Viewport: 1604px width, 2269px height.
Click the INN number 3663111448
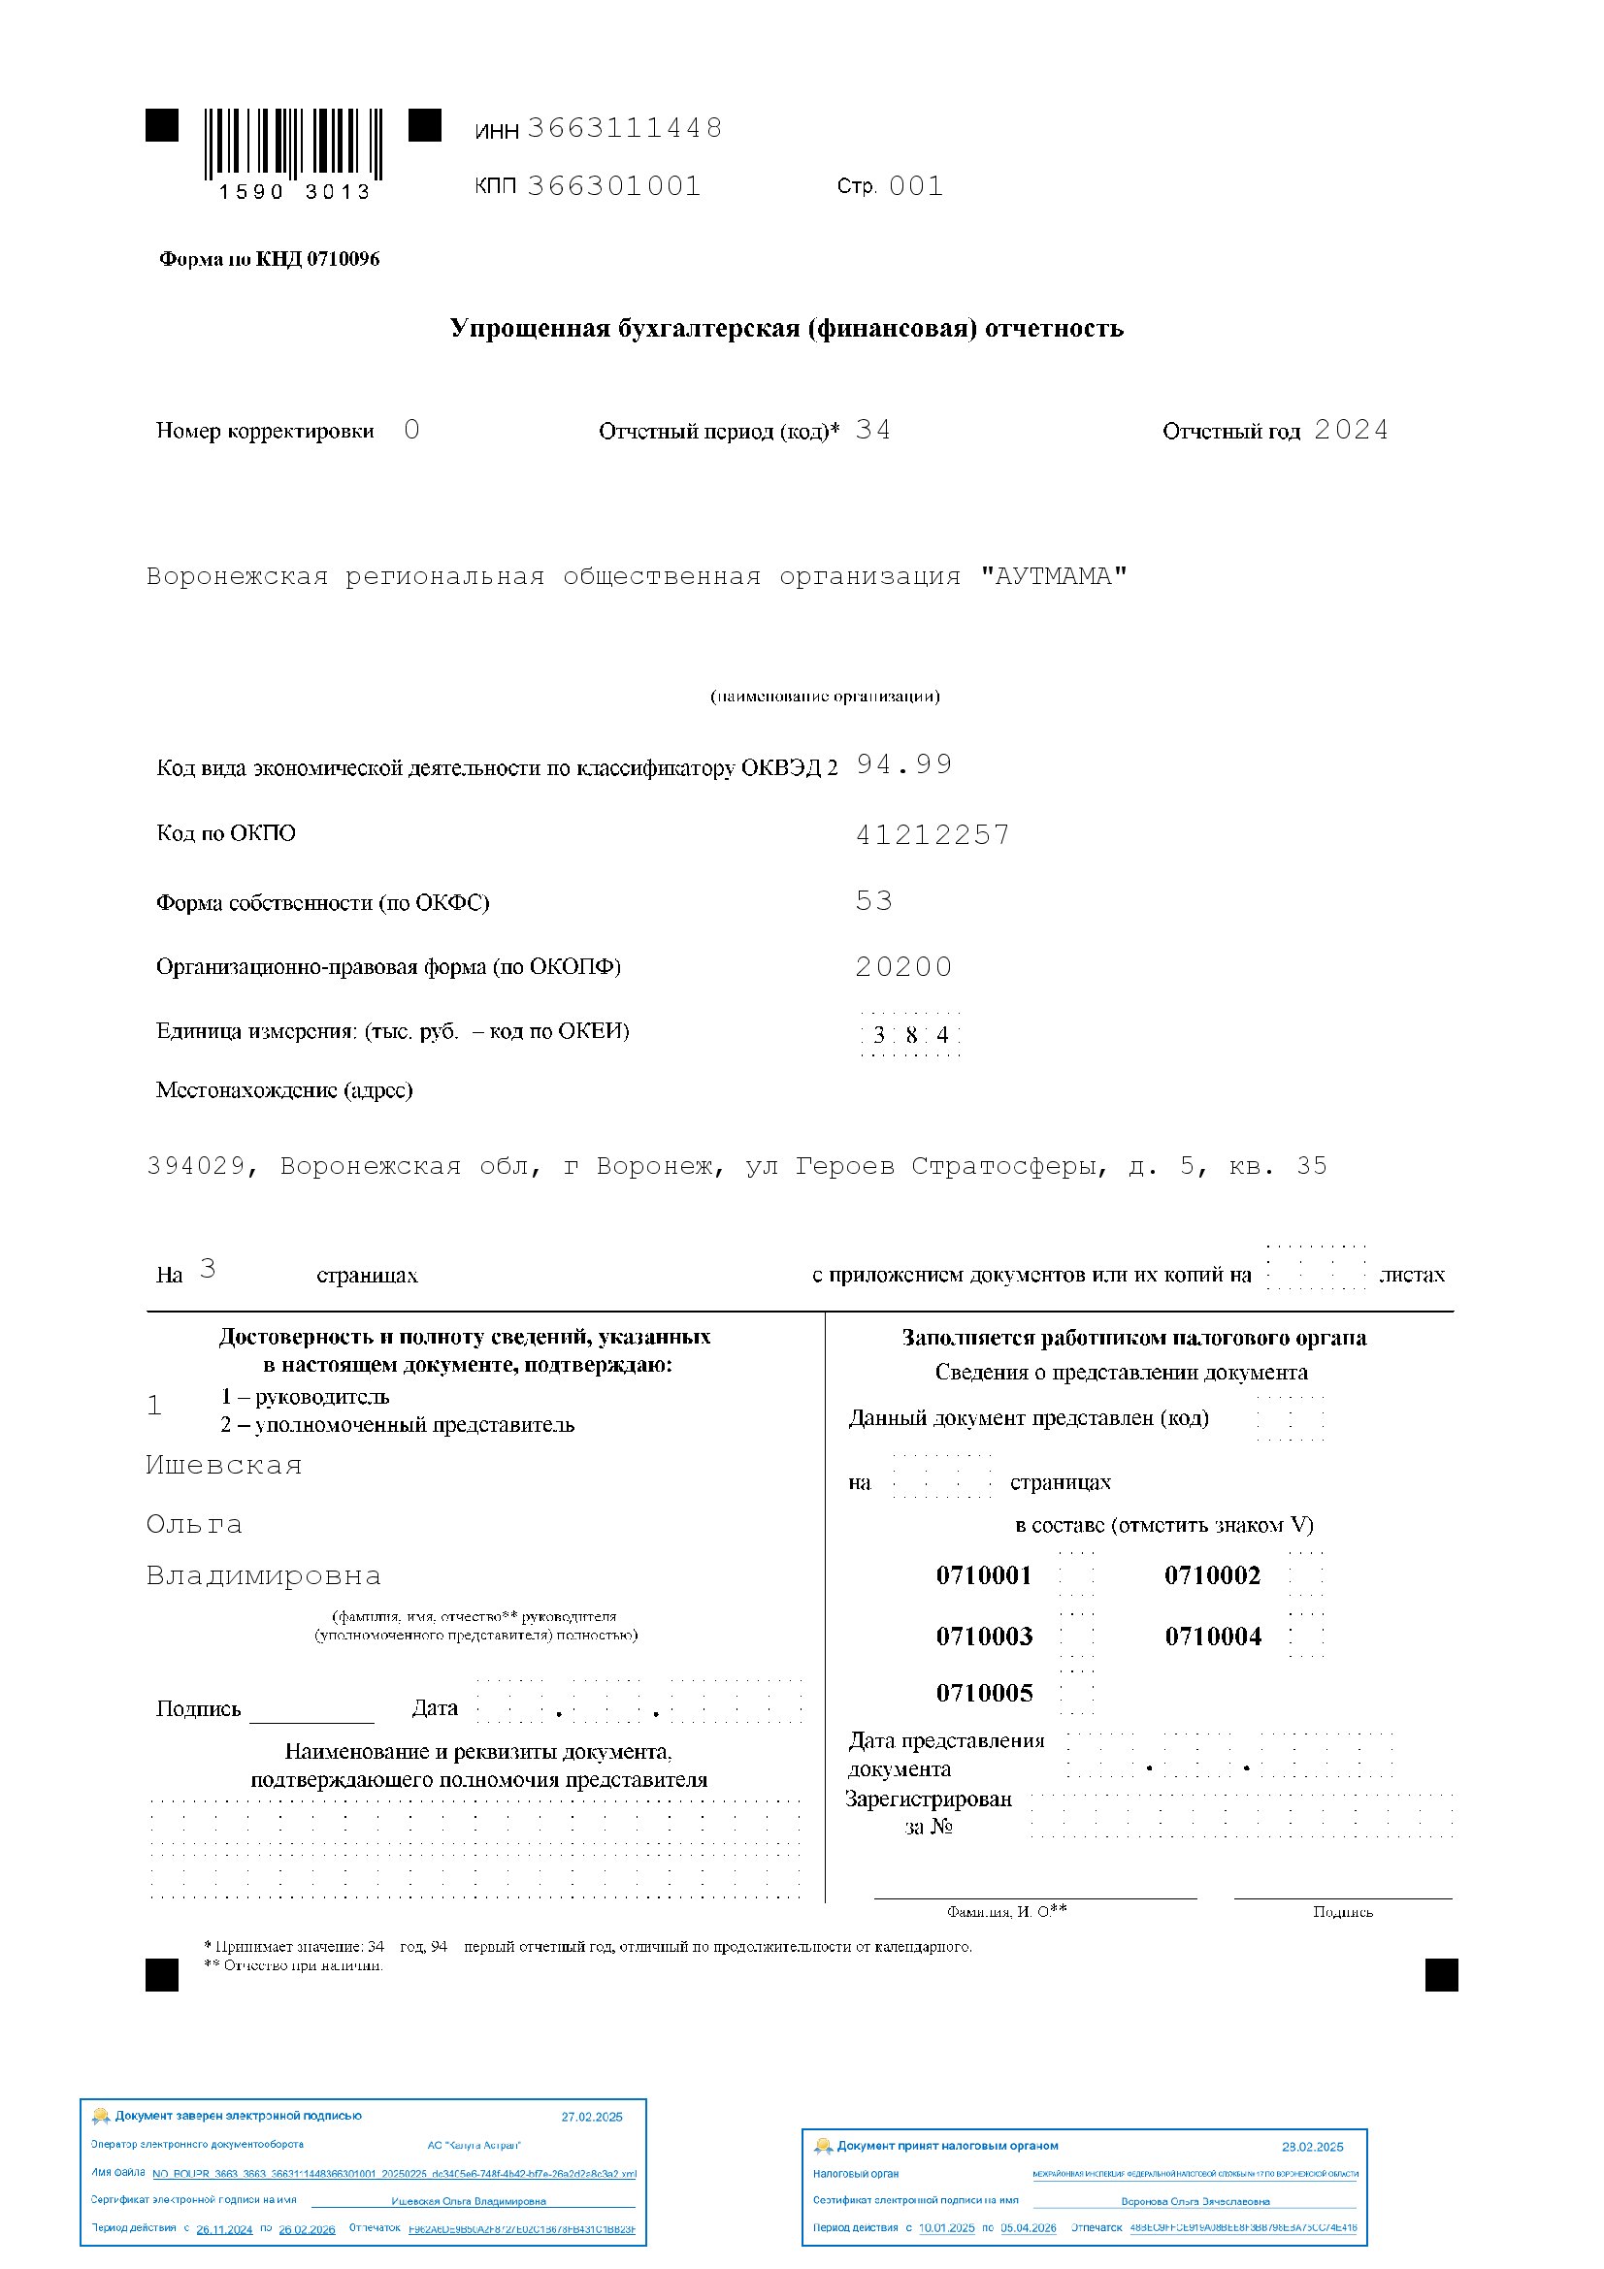[x=625, y=127]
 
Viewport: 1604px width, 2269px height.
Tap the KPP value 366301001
[x=613, y=186]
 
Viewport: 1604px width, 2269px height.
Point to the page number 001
[x=916, y=186]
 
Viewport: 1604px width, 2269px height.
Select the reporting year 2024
[x=1351, y=430]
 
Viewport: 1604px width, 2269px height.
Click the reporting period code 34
[x=872, y=430]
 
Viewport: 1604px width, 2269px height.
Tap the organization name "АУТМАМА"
[x=1054, y=576]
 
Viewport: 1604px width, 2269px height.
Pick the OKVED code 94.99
[x=904, y=763]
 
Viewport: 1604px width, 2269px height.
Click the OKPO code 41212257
[x=933, y=835]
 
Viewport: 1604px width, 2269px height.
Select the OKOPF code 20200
[x=904, y=966]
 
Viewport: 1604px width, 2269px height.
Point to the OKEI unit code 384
[x=910, y=1035]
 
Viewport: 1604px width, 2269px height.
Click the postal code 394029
[x=196, y=1166]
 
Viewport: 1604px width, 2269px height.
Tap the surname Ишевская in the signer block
[x=224, y=1465]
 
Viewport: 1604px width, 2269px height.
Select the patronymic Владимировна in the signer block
[x=263, y=1575]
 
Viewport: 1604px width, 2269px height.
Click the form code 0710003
[x=984, y=1637]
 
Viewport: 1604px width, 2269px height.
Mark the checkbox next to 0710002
[x=1305, y=1575]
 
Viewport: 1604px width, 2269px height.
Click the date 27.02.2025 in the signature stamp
[x=592, y=2117]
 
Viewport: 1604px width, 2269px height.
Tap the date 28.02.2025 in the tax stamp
[x=1313, y=2147]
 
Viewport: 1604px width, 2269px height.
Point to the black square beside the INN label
[x=425, y=125]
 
